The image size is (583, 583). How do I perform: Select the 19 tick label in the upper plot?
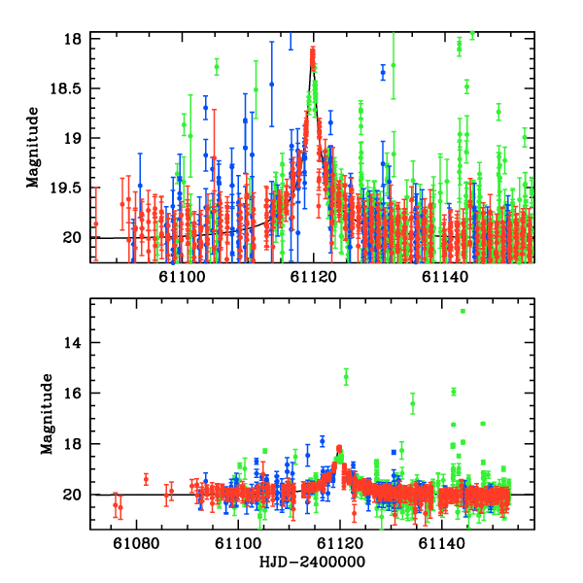(72, 139)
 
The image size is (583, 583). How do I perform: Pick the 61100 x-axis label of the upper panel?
(183, 277)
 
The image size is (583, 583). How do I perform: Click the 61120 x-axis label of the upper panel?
(314, 277)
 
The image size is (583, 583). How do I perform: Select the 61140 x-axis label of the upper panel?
(445, 277)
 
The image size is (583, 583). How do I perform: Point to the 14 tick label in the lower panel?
(72, 343)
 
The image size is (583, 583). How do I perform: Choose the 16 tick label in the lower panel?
(72, 394)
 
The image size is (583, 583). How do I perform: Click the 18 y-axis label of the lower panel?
(72, 444)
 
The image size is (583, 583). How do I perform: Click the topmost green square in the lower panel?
(463, 311)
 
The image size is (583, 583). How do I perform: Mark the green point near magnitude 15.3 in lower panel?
(345, 375)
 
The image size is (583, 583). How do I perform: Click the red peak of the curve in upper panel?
(313, 51)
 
